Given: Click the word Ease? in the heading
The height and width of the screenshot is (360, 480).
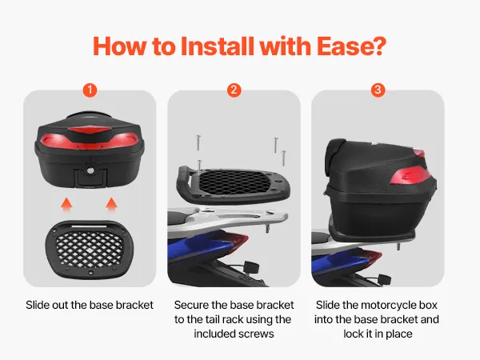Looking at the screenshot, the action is pyautogui.click(x=351, y=46).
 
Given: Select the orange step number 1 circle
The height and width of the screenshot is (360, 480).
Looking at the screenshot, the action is pyautogui.click(x=90, y=90).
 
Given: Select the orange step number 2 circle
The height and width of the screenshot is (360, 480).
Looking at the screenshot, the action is pyautogui.click(x=234, y=90).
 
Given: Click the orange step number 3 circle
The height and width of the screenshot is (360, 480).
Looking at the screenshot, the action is pyautogui.click(x=378, y=90).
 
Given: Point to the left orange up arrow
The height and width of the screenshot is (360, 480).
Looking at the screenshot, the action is pyautogui.click(x=66, y=205).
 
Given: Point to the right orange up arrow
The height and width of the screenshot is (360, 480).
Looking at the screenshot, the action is pyautogui.click(x=111, y=205).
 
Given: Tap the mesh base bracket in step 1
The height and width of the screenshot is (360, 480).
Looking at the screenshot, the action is pyautogui.click(x=90, y=249).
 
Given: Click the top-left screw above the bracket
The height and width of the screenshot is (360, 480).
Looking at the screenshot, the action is pyautogui.click(x=198, y=142).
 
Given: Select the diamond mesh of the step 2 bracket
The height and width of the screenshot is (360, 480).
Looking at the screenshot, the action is pyautogui.click(x=234, y=182).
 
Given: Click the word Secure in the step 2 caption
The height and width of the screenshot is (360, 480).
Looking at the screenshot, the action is pyautogui.click(x=191, y=305).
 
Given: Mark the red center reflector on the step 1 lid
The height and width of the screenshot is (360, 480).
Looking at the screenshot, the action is pyautogui.click(x=89, y=133).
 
